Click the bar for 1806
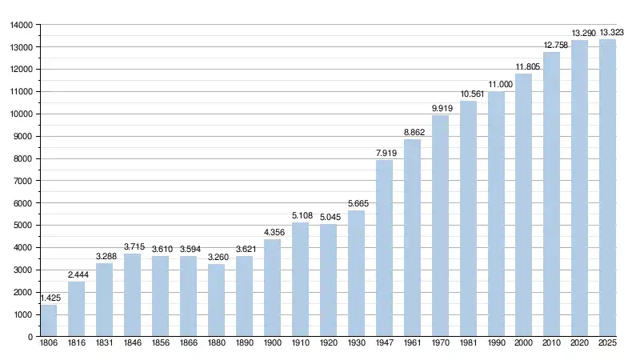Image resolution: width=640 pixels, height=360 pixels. pos(49,320)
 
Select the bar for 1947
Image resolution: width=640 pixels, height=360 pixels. pos(384,248)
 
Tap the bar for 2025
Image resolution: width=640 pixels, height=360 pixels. pos(608,188)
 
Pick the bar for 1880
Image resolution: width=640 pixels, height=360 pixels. pos(216,300)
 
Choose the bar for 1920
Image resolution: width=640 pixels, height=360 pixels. pos(328,280)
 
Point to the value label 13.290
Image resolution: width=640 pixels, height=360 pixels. pos(580,34)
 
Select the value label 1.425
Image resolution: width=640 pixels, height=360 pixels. pos(49,298)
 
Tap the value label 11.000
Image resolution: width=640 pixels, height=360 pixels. pos(496,85)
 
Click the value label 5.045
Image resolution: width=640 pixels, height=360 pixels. pos(328,218)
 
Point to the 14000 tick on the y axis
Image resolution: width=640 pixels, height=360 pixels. pos(21,25)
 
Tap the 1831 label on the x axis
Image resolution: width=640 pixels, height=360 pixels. pos(105,344)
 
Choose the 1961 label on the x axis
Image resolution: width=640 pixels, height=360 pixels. pos(412,344)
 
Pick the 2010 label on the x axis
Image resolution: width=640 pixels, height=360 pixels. pos(552,344)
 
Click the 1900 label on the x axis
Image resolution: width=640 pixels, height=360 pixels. pos(272,344)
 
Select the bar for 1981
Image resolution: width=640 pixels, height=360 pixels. pos(468,218)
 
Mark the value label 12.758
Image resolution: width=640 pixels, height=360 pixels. pos(552,46)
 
